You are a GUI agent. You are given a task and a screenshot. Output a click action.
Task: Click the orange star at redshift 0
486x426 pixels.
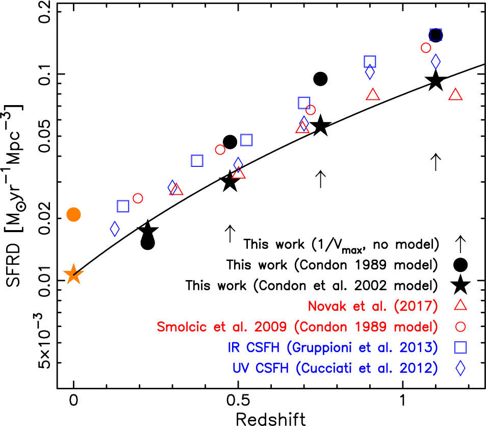[73, 275]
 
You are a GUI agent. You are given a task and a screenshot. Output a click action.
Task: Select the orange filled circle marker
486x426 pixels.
[73, 215]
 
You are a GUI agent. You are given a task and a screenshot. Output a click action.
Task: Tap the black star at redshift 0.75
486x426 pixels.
[321, 126]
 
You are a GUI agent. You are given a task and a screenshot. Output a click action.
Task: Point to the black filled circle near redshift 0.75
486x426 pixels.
[320, 79]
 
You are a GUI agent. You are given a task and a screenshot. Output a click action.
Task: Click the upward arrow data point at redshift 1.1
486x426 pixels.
[435, 162]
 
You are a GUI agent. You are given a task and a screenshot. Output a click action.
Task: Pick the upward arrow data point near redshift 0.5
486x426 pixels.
[229, 234]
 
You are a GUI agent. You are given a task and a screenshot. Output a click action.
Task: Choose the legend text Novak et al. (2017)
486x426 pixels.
[373, 306]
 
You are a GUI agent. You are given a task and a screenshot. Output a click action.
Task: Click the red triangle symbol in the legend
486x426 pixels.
[461, 305]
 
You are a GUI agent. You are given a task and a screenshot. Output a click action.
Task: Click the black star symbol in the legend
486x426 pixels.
[461, 284]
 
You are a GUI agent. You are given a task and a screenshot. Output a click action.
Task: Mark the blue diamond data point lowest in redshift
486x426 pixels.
[115, 229]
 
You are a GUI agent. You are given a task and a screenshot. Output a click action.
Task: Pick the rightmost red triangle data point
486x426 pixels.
[455, 95]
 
